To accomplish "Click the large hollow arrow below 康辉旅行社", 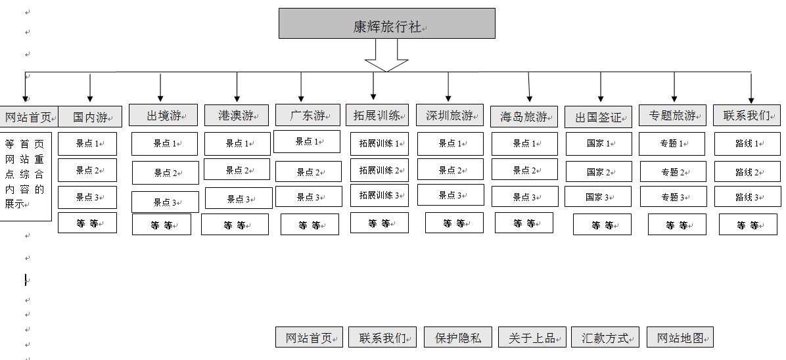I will tap(386, 56).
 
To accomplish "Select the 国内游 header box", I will tap(90, 117).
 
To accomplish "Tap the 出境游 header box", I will tap(163, 116).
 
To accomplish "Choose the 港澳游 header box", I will tap(237, 116).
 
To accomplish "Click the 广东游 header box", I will tap(308, 116).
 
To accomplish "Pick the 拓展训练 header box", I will tap(377, 116).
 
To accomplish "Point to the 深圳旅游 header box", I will tap(450, 116).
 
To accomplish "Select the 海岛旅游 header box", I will tap(524, 117).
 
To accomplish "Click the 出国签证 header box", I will tap(598, 118).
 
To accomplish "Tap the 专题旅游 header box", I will tap(672, 116).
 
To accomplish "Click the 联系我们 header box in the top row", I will tap(747, 116).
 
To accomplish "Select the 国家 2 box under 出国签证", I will tap(598, 172).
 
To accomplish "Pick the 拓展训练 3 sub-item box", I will tap(379, 195).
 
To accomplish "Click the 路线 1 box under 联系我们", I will tap(747, 143).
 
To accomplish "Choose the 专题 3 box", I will tap(672, 197).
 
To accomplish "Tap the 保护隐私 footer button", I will tap(457, 338).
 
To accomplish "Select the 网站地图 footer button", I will tap(680, 338).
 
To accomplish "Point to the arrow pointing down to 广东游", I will tap(301, 87).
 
